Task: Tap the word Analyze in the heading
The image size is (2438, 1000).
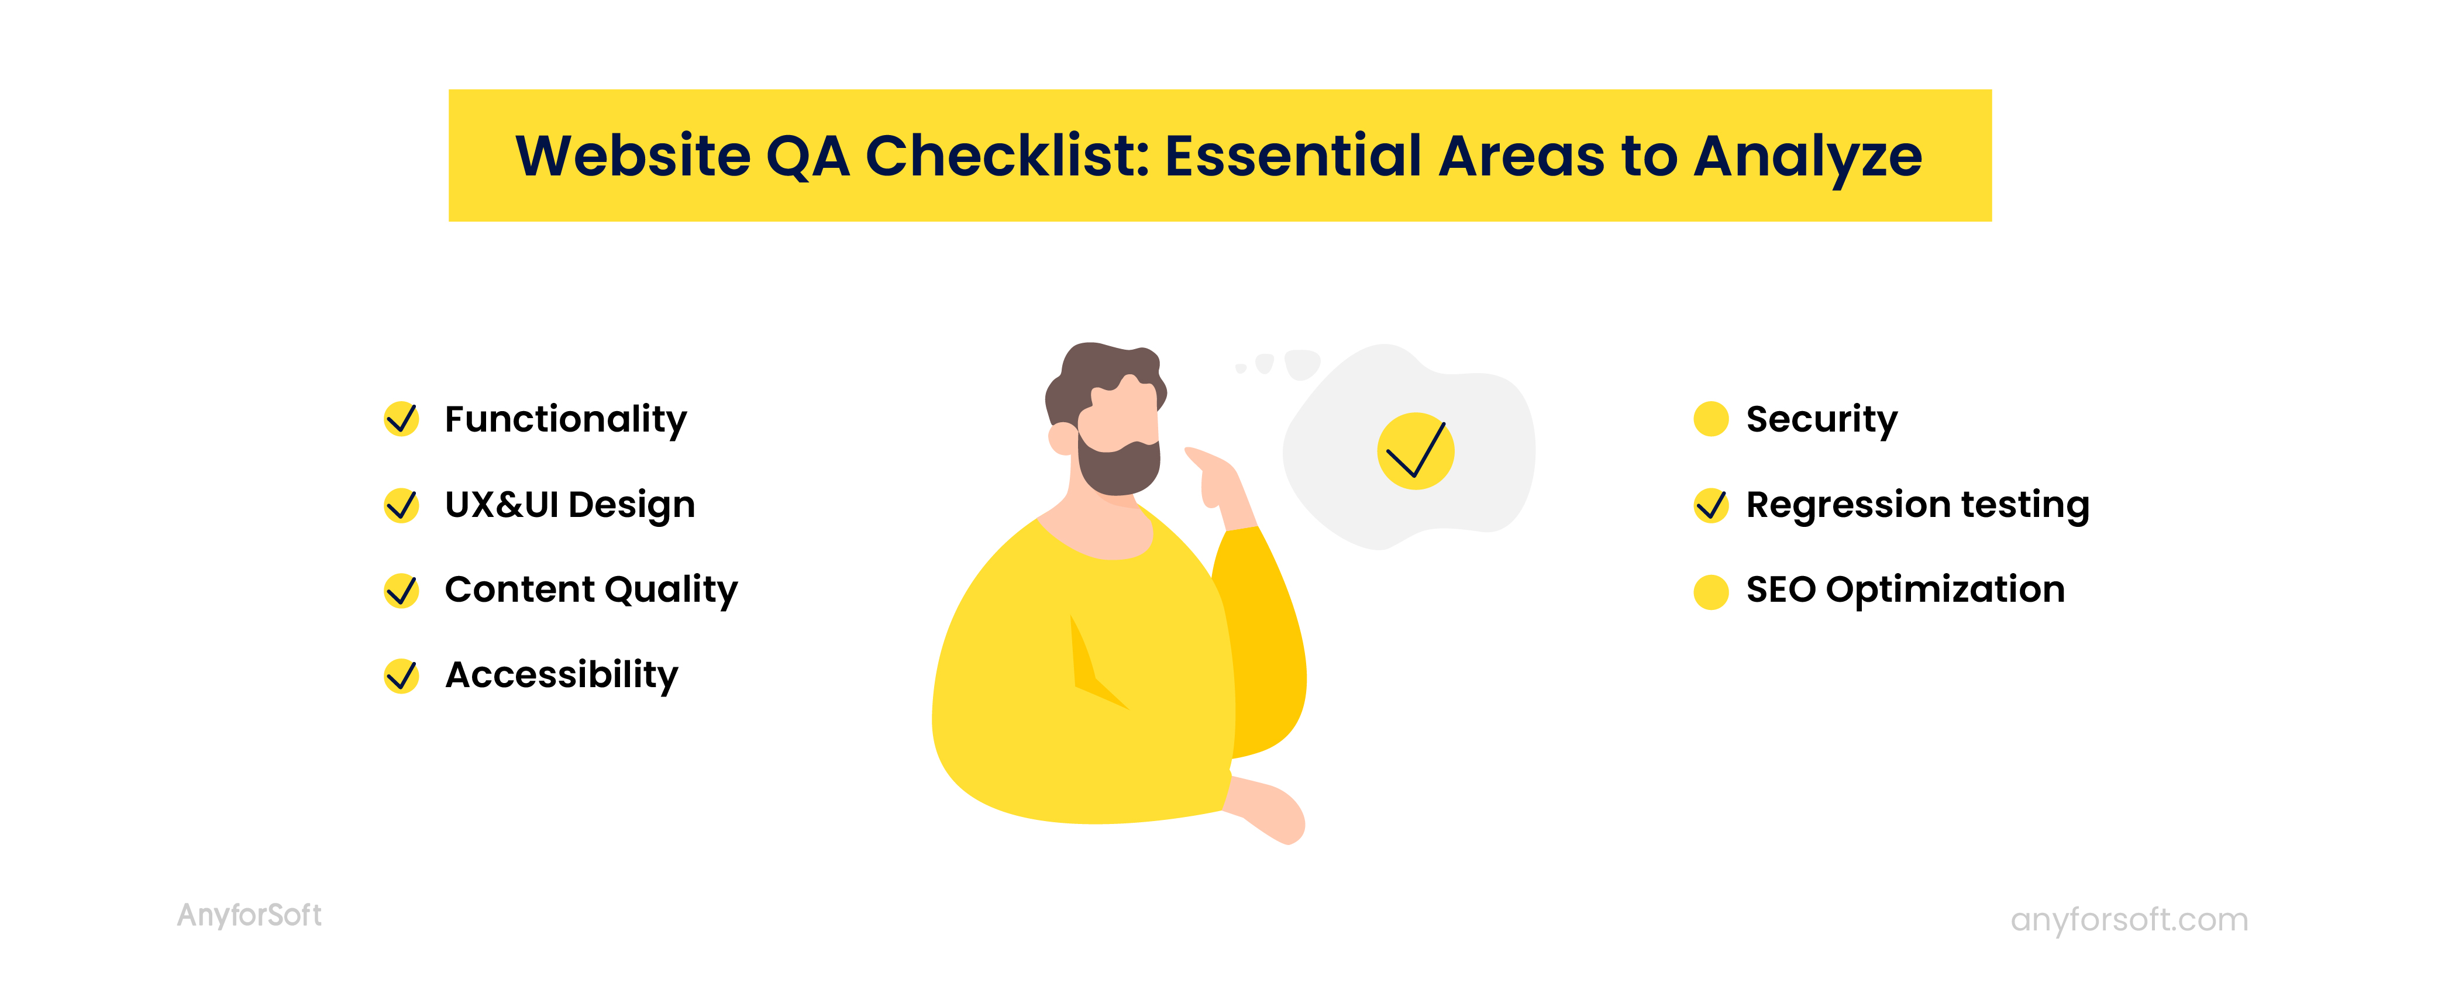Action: click(x=1807, y=157)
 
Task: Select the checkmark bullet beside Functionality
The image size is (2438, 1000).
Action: click(x=401, y=418)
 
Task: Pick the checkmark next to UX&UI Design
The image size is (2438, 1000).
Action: click(x=401, y=504)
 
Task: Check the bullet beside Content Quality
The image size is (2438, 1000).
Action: click(x=401, y=590)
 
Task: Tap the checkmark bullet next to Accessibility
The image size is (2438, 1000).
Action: click(x=401, y=675)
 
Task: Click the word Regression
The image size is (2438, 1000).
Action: click(x=1847, y=505)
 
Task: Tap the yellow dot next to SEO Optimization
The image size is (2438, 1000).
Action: click(x=1711, y=591)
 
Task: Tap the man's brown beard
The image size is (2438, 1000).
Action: click(x=1117, y=465)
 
